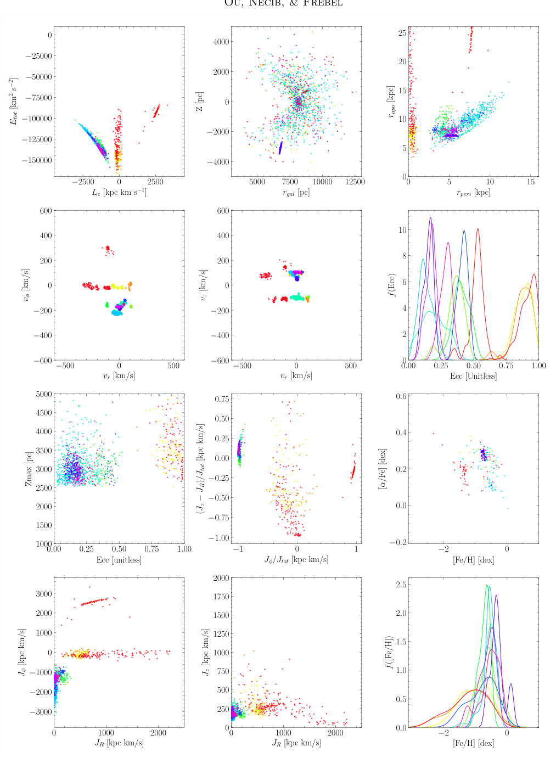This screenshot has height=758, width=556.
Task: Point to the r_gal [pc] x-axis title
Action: (x=296, y=193)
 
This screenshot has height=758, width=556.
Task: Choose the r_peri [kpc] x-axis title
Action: (x=473, y=193)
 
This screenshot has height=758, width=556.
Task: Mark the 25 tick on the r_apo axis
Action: (x=402, y=33)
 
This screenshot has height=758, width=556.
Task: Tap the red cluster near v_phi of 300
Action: (x=108, y=249)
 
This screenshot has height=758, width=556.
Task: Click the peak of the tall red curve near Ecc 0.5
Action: (x=478, y=229)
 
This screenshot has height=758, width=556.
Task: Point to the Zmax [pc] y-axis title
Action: (x=29, y=469)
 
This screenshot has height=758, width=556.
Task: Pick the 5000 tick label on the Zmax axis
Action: (x=42, y=394)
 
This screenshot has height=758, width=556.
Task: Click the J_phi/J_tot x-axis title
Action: (x=296, y=560)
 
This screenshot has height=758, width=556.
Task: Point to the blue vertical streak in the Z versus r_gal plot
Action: (x=280, y=148)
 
